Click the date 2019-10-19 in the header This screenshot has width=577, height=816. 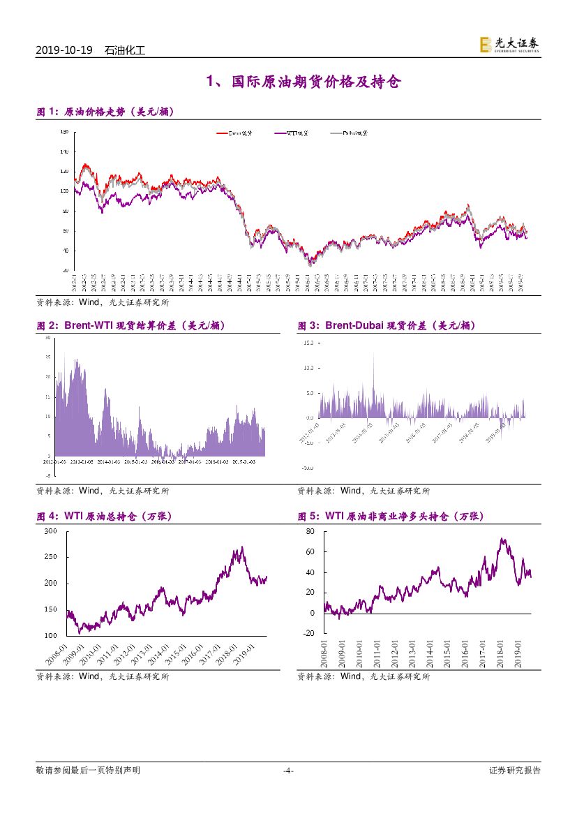point(63,51)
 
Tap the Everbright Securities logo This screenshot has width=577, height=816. point(509,45)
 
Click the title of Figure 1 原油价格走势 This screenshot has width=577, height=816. point(105,112)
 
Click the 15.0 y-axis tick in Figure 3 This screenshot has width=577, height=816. point(308,343)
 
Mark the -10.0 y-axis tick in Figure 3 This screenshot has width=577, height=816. point(306,467)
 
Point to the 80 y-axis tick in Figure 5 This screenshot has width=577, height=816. point(310,531)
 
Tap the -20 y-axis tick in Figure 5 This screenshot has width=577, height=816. point(309,634)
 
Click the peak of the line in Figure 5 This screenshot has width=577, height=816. point(502,539)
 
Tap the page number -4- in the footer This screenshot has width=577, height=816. point(288,771)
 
